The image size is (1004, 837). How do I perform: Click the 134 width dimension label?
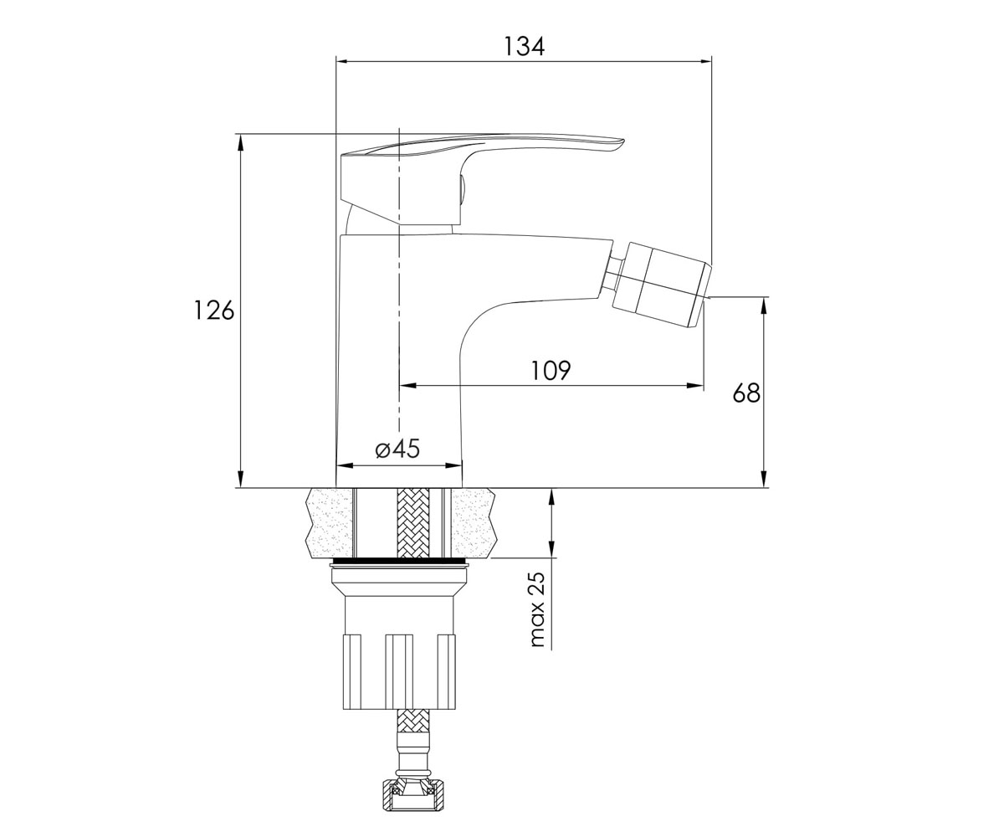coord(524,47)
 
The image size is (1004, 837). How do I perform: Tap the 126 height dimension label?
coord(213,311)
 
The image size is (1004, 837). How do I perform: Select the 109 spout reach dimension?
coord(551,370)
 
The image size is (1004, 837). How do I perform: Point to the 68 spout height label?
coord(746,393)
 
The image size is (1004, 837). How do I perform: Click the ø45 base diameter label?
coord(397,449)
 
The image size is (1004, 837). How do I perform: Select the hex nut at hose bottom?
coord(413,801)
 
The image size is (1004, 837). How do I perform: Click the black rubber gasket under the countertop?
coord(398,561)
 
